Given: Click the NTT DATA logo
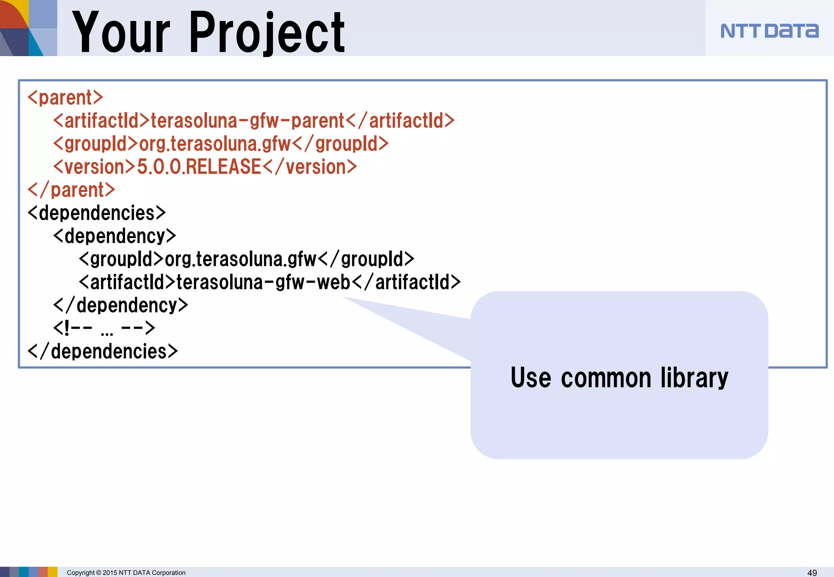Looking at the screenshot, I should (x=769, y=31).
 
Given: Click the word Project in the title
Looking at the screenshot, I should (x=267, y=33).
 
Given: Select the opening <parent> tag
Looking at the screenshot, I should (x=65, y=98).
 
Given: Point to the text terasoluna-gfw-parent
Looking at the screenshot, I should (x=248, y=121).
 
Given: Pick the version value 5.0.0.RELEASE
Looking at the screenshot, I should (x=199, y=167).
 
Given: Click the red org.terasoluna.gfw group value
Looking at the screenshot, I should (x=215, y=144).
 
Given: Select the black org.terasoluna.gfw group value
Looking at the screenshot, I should (x=240, y=260).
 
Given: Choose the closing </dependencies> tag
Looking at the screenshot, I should (x=103, y=352).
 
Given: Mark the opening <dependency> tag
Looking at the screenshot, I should (x=114, y=236).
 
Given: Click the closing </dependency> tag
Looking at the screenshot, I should (x=121, y=306).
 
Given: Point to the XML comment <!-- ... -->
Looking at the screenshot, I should (x=104, y=328).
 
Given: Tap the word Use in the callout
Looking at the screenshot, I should (x=531, y=378).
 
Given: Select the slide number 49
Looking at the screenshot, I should (x=812, y=573).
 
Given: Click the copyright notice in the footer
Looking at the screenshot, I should (x=126, y=573).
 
